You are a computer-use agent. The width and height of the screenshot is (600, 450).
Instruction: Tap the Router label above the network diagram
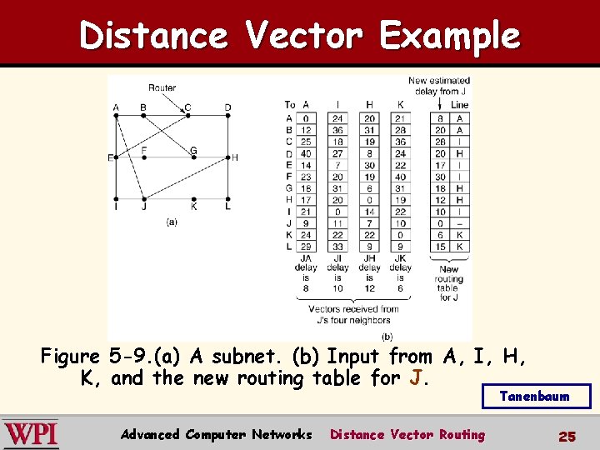[162, 87]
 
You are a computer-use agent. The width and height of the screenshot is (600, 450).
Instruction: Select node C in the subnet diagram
[187, 115]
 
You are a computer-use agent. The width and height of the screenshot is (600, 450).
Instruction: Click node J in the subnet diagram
[144, 198]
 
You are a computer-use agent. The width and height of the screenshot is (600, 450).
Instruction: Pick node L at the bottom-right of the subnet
[228, 199]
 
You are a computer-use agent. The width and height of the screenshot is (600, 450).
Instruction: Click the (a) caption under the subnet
[172, 222]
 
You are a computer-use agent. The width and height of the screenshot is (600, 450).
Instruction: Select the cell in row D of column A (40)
[306, 153]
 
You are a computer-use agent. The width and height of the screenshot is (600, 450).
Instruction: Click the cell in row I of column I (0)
[337, 212]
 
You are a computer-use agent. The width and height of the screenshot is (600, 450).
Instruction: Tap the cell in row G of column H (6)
[369, 188]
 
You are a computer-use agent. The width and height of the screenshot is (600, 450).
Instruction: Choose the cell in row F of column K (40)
[400, 177]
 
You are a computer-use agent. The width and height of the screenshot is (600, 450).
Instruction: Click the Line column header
[459, 105]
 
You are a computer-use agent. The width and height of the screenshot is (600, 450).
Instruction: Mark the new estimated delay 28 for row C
[440, 142]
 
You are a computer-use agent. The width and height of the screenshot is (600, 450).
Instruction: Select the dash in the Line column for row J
[459, 223]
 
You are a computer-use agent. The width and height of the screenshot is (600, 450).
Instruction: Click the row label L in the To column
[288, 247]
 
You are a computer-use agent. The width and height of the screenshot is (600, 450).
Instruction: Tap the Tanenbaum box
[536, 396]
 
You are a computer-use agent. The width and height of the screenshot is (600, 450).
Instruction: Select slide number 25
[567, 435]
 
